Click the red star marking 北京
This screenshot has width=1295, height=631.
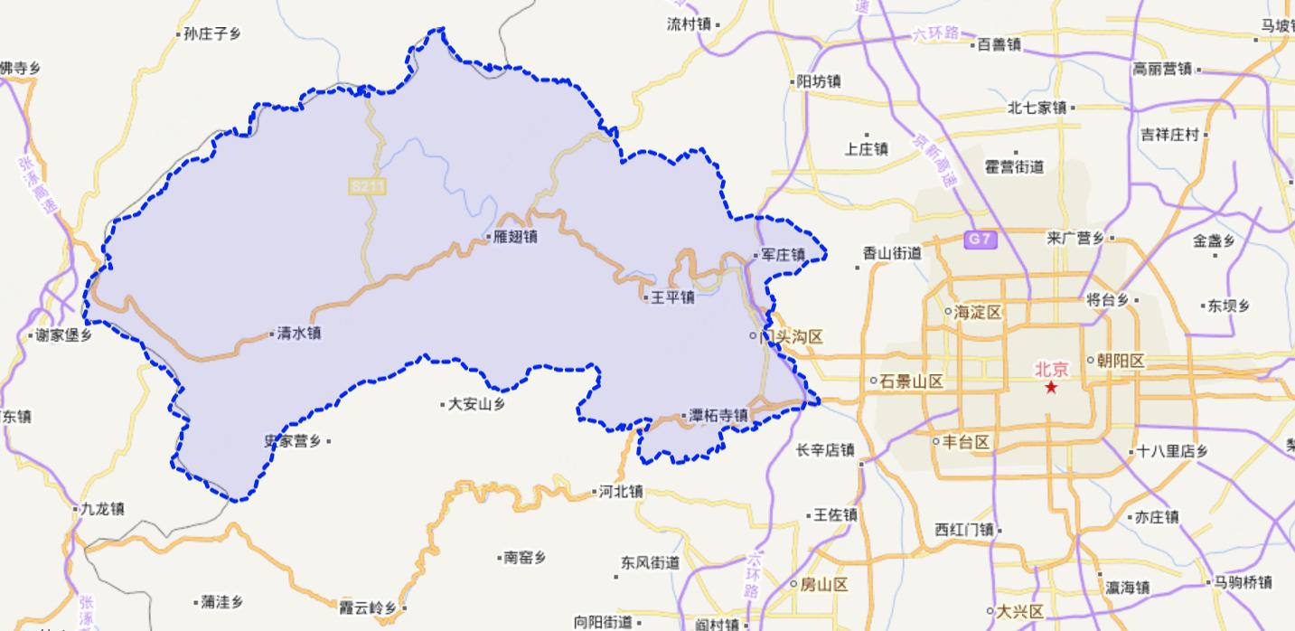coord(1051,387)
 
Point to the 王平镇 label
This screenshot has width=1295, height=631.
coord(672,297)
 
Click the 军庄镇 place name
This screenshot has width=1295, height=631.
coord(783,256)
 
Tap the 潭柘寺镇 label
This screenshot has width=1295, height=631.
coord(718,416)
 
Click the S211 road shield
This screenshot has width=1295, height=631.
coord(368,186)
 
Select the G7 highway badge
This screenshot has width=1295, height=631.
coord(981,240)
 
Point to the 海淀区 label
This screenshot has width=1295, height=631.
coord(978,312)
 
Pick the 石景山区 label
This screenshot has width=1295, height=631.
coord(911,381)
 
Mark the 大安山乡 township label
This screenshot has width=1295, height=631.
coord(476,405)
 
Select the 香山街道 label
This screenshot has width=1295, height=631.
coord(891,254)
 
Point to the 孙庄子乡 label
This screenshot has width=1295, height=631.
coord(211,34)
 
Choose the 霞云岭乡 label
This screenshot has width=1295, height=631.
coord(367,608)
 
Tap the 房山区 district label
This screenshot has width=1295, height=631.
coord(823,585)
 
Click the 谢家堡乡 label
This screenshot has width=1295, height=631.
coord(62,335)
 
